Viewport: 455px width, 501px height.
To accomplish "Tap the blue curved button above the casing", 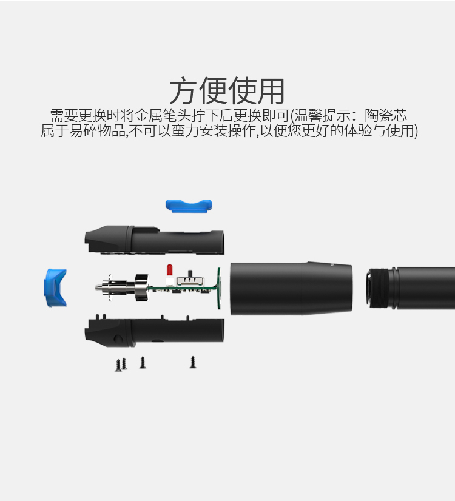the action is (x=189, y=206).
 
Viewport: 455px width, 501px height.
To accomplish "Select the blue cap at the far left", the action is (x=56, y=287).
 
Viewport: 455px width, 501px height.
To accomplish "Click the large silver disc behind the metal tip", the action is (x=142, y=287).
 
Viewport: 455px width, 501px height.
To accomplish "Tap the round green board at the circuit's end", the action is (x=220, y=289).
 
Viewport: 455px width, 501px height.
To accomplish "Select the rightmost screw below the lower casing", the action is (x=193, y=362).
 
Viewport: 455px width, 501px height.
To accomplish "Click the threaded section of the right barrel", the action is (x=380, y=288).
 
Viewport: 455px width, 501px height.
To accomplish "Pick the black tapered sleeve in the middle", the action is (x=291, y=289).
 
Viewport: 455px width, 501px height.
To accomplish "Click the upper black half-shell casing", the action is (x=154, y=240).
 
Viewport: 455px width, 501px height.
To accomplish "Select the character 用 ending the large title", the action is (x=271, y=91).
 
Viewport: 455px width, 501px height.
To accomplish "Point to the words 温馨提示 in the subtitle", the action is (x=322, y=115).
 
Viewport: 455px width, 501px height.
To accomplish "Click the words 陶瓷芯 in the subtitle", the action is (x=386, y=115).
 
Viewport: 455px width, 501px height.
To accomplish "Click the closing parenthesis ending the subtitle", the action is (x=416, y=130).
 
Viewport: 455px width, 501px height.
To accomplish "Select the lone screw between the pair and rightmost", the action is (x=143, y=362).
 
